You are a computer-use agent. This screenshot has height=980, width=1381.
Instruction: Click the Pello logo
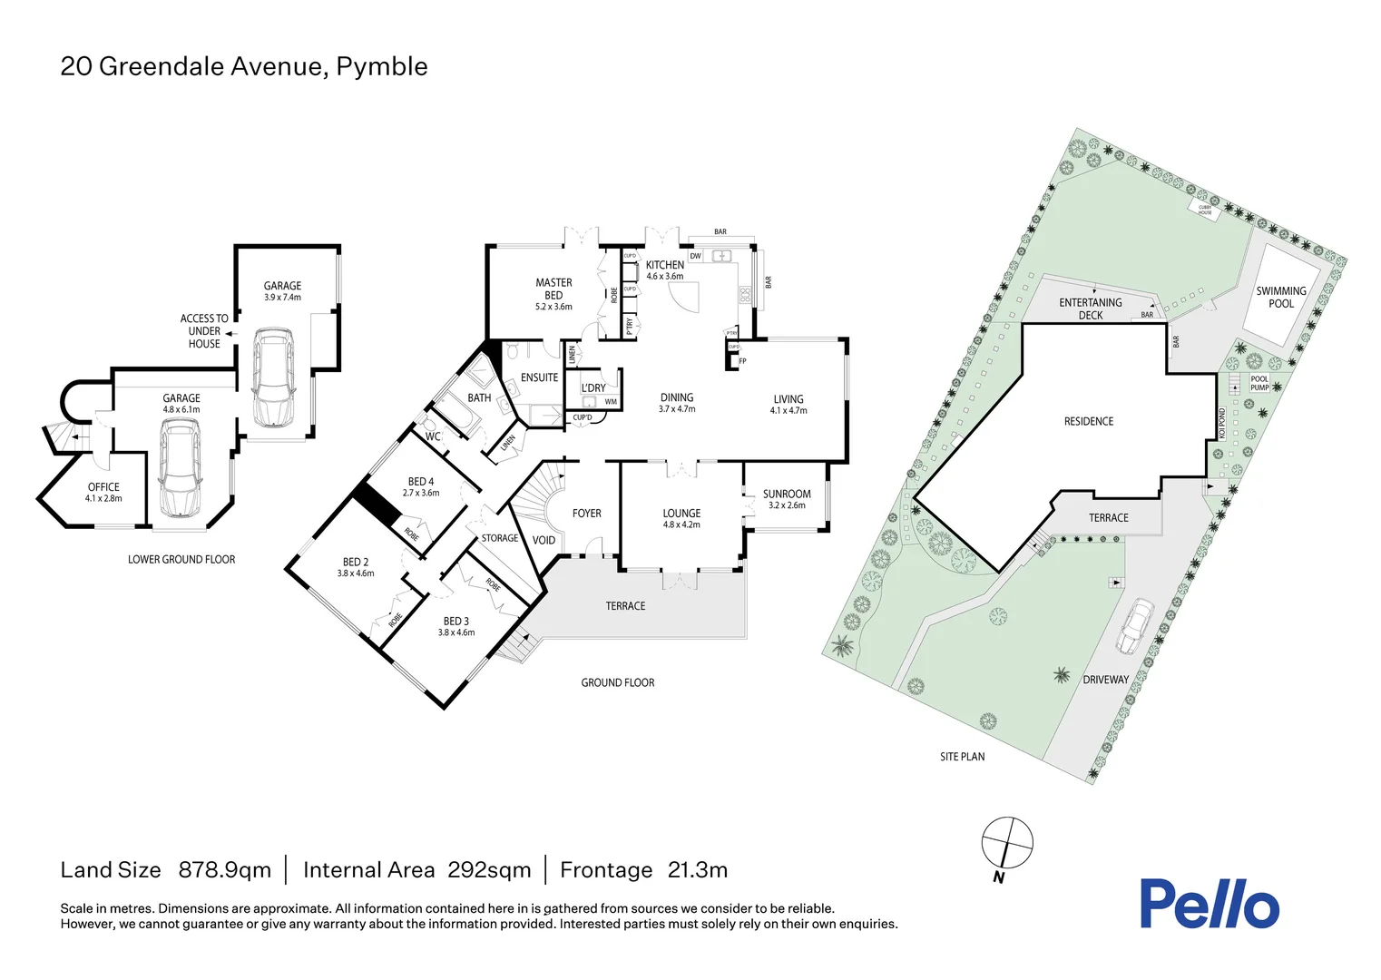[x=1209, y=904]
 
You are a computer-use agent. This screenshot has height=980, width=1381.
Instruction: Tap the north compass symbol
[x=1007, y=842]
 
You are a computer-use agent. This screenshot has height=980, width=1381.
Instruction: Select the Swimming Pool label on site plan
[x=1280, y=298]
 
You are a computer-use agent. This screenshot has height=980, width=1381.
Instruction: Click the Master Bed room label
[x=553, y=289]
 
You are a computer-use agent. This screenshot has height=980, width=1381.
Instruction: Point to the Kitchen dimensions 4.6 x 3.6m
[x=664, y=277]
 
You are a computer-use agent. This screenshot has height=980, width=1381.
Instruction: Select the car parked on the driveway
[x=1134, y=626]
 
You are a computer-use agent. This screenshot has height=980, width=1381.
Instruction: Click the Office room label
[x=103, y=487]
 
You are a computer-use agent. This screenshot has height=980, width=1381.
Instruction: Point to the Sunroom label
[x=787, y=495]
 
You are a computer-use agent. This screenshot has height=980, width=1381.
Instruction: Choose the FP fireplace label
[x=742, y=361]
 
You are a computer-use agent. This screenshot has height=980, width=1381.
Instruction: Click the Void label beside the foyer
[x=544, y=541]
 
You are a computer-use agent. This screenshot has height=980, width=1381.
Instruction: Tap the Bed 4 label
[x=421, y=482]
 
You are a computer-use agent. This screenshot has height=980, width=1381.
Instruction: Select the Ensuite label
[x=539, y=377]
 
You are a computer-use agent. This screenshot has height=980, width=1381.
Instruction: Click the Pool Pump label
[x=1259, y=384]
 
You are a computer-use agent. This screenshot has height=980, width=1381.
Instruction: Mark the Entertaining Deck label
[x=1091, y=309]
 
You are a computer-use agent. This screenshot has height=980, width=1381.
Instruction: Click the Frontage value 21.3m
[x=697, y=870]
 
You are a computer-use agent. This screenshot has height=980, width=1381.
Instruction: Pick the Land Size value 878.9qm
[x=224, y=870]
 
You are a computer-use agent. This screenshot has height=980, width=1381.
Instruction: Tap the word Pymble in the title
[x=381, y=66]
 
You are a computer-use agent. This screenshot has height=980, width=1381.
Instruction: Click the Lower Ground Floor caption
[x=181, y=560]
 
